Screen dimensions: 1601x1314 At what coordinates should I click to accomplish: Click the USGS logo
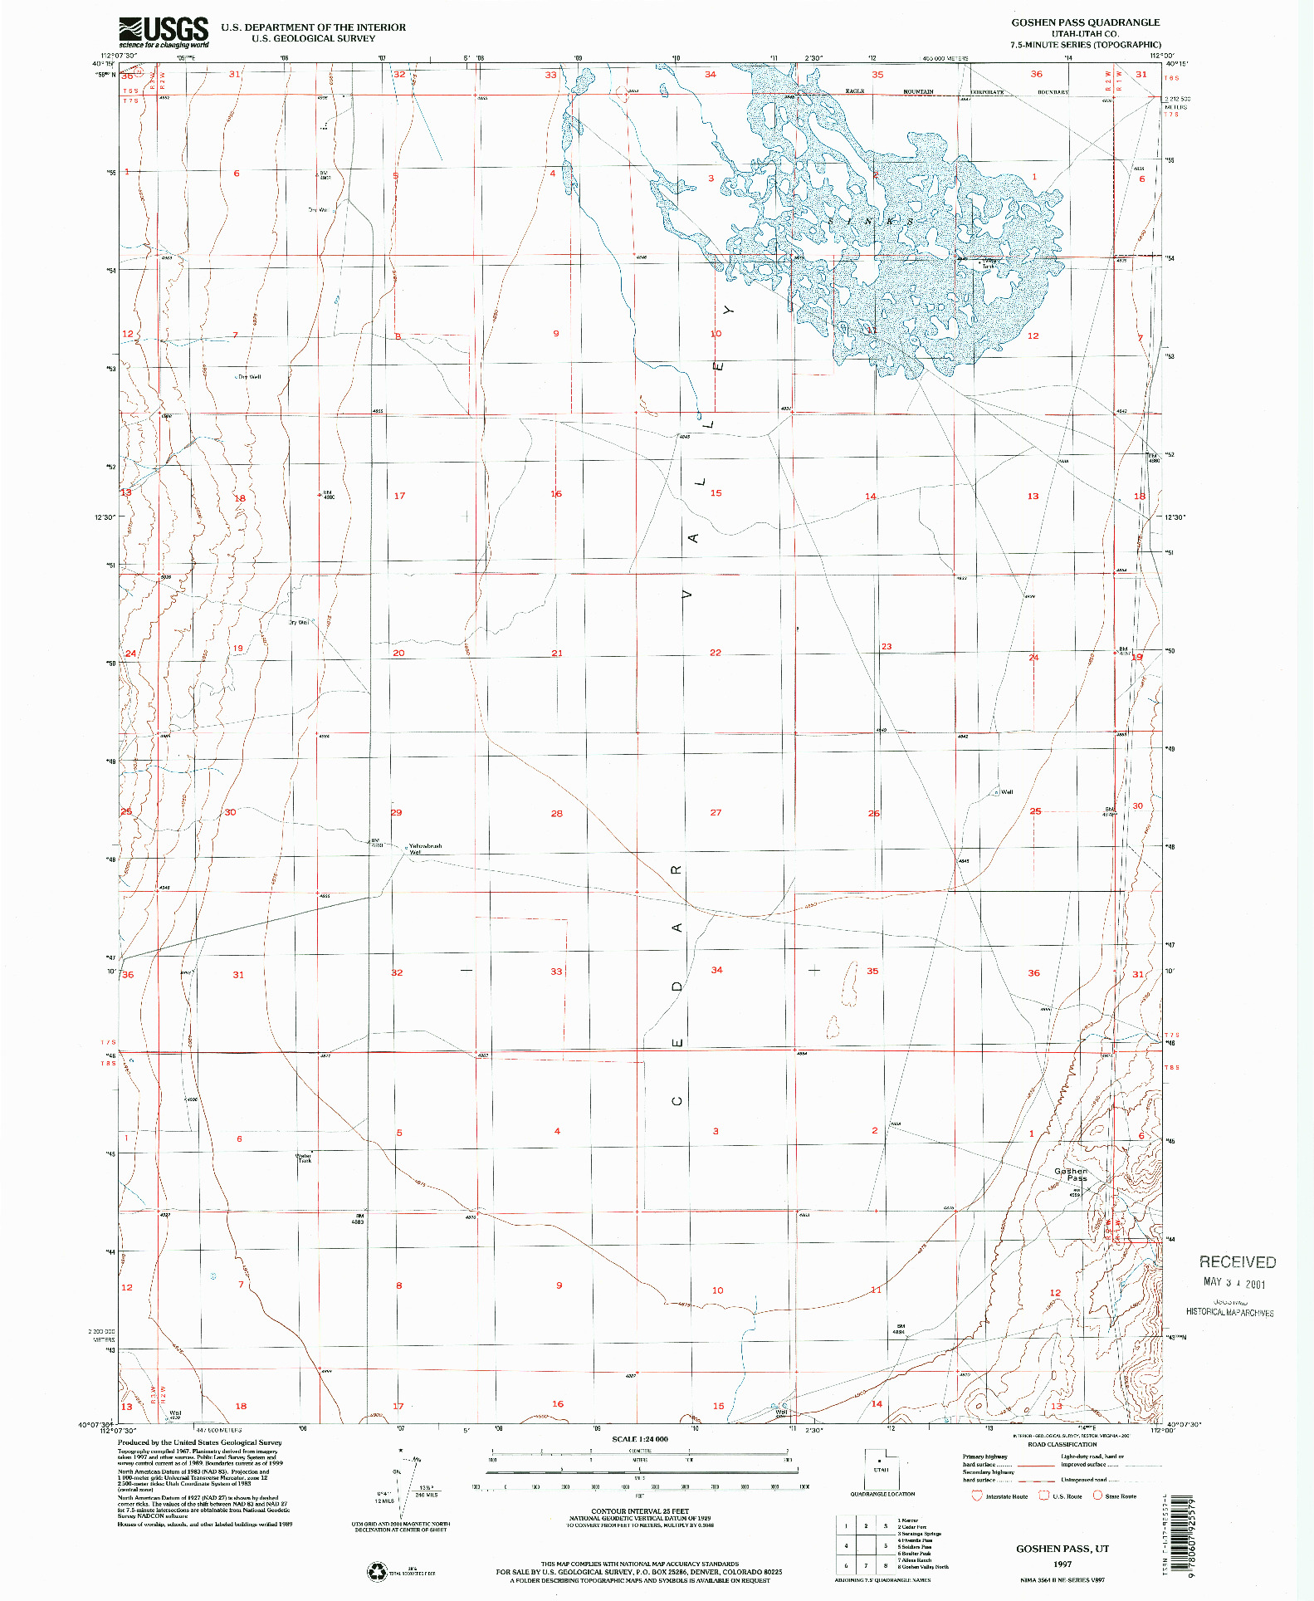pyautogui.click(x=164, y=32)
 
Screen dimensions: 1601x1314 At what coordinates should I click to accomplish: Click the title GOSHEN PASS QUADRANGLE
pyautogui.click(x=1085, y=22)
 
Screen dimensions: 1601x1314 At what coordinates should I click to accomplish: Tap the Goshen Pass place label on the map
pyautogui.click(x=1071, y=1174)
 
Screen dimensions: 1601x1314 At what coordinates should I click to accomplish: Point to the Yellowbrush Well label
pyautogui.click(x=425, y=848)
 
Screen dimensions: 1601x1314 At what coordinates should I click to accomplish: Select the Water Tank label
pyautogui.click(x=304, y=1158)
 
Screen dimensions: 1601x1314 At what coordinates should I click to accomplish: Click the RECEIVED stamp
pyautogui.click(x=1237, y=1262)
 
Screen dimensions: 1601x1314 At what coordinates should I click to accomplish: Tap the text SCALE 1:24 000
pyautogui.click(x=639, y=1439)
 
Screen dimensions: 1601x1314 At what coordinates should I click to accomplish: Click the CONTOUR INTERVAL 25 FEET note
pyautogui.click(x=639, y=1511)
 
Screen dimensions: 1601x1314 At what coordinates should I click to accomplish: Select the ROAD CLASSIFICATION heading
pyautogui.click(x=1062, y=1444)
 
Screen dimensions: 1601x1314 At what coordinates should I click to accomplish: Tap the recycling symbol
pyautogui.click(x=378, y=1571)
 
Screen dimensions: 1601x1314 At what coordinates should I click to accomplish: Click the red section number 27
pyautogui.click(x=716, y=812)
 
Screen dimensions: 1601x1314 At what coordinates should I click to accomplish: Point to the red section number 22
pyautogui.click(x=716, y=653)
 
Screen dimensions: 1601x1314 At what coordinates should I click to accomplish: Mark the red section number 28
pyautogui.click(x=557, y=813)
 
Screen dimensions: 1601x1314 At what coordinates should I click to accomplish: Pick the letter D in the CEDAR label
pyautogui.click(x=677, y=987)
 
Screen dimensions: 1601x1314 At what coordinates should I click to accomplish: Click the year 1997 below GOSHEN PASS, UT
pyautogui.click(x=1062, y=1564)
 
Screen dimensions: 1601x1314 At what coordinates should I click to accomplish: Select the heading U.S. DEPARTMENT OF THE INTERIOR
pyautogui.click(x=313, y=27)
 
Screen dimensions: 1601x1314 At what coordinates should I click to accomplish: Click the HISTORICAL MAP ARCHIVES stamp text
pyautogui.click(x=1229, y=1312)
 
